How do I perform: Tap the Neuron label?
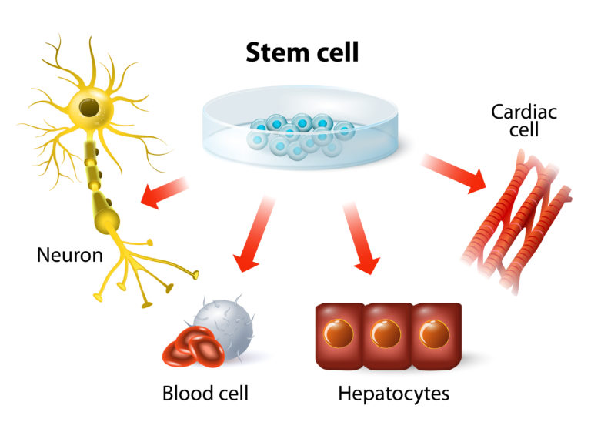[x=70, y=254]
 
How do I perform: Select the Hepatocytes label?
[x=393, y=394]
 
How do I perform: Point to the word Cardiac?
[x=525, y=112]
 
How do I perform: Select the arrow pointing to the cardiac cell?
[x=454, y=172]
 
